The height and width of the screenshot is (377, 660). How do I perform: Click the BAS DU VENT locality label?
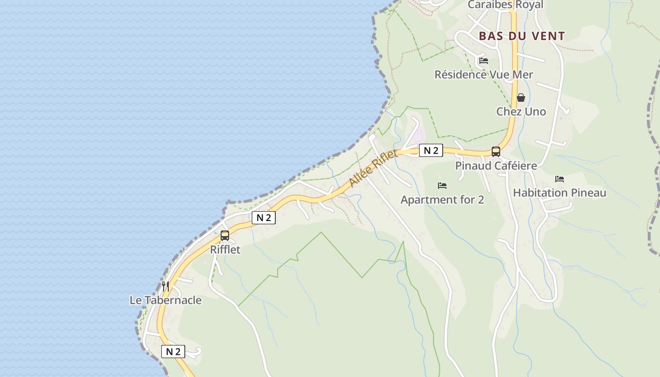coord(522,36)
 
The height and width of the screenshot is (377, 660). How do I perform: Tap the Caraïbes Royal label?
coord(505,5)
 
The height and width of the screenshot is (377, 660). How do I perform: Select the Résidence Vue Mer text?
coord(484,74)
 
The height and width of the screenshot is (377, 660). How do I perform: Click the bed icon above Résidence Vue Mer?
coord(483,61)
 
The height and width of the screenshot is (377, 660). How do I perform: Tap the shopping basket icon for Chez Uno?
coord(521,98)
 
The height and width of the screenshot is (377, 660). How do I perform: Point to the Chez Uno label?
coord(521,112)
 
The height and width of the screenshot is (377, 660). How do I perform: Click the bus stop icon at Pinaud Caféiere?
coord(496,152)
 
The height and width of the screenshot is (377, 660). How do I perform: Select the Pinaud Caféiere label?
coord(496,166)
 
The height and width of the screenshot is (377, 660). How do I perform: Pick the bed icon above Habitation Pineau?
coord(560,179)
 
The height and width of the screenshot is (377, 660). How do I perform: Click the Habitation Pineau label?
coord(560,193)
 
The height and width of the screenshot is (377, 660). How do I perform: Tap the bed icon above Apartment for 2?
coord(442,186)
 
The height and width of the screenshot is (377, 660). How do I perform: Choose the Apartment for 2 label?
coord(442,200)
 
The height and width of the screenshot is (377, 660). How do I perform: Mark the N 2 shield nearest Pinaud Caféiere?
coord(431,151)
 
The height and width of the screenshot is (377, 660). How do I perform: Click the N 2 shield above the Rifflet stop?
coord(264,218)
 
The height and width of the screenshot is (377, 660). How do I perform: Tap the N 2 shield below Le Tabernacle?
coord(173,352)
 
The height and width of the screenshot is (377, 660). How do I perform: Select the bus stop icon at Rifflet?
coord(225,236)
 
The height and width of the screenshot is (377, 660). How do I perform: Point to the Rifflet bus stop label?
coord(225,250)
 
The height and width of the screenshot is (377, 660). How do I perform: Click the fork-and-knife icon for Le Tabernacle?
coord(165,286)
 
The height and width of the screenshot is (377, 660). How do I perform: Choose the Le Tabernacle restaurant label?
coord(165,300)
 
